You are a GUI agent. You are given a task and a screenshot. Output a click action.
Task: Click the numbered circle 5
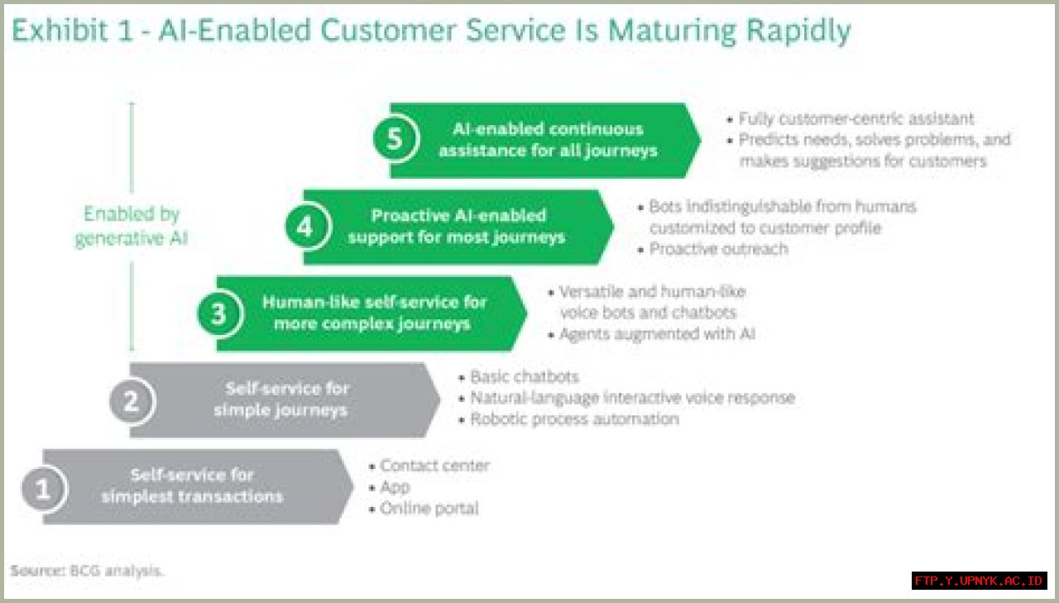395,139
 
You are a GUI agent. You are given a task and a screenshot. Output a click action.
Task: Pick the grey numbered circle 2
132,400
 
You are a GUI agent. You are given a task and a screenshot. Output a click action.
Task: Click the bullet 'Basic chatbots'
524,377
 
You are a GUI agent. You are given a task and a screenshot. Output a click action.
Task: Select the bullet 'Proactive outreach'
717,249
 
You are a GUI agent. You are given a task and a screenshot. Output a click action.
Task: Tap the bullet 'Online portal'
429,509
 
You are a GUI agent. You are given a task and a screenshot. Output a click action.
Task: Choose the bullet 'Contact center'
434,466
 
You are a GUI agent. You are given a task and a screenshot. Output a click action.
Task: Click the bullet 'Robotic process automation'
574,419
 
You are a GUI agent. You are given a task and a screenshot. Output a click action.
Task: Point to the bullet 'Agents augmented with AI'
657,334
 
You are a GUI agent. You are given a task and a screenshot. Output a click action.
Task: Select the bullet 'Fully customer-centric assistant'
855,119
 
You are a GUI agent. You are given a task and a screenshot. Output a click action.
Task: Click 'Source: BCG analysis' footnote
87,571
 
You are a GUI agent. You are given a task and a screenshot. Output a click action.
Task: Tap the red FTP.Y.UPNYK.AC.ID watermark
979,581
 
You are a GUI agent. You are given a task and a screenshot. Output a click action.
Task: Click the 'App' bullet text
395,487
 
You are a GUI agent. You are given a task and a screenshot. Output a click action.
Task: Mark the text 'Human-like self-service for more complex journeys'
373,313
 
